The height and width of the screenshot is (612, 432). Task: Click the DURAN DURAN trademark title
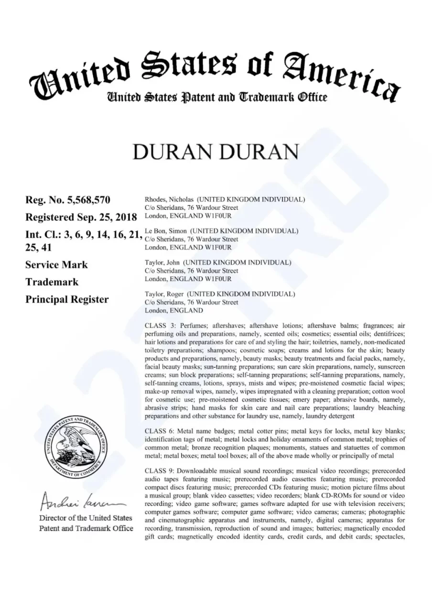[216, 152]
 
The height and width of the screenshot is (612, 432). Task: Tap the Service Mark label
[56, 265]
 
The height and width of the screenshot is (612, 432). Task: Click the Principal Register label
[66, 300]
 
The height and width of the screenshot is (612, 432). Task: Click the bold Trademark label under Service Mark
[52, 282]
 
